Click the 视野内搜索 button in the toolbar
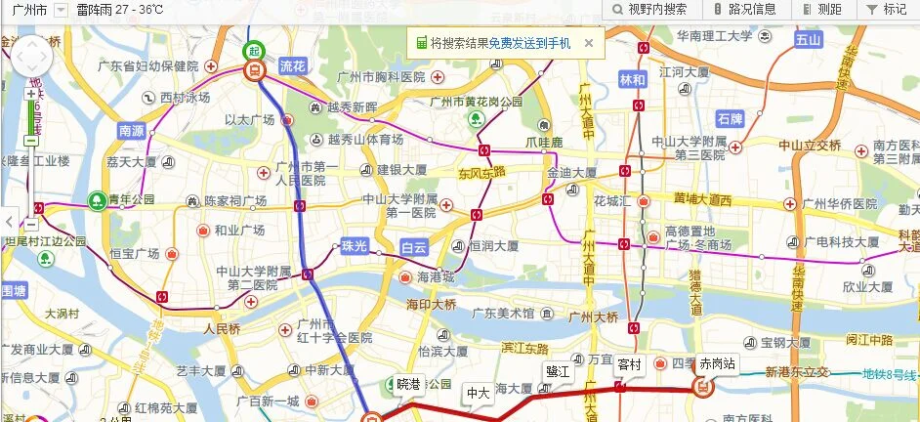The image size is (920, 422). tap(649, 9)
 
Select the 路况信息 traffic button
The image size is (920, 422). tap(744, 9)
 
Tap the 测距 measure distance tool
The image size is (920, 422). tap(821, 9)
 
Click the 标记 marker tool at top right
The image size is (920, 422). tap(887, 9)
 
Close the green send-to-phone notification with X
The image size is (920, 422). tap(589, 43)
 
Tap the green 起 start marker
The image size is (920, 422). tap(253, 51)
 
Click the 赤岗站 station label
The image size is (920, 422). tap(718, 362)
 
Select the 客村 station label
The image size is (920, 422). tap(630, 364)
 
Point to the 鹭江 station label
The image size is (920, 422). tap(558, 371)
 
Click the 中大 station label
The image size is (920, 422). tap(478, 393)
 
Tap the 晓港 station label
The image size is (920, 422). tap(408, 384)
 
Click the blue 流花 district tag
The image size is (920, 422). tap(292, 66)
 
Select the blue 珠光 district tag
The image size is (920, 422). tap(354, 246)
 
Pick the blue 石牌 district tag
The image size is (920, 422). tap(730, 119)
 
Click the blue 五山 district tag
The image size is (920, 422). tap(808, 40)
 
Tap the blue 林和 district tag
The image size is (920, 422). tap(633, 79)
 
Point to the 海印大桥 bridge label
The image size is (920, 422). tap(432, 304)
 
